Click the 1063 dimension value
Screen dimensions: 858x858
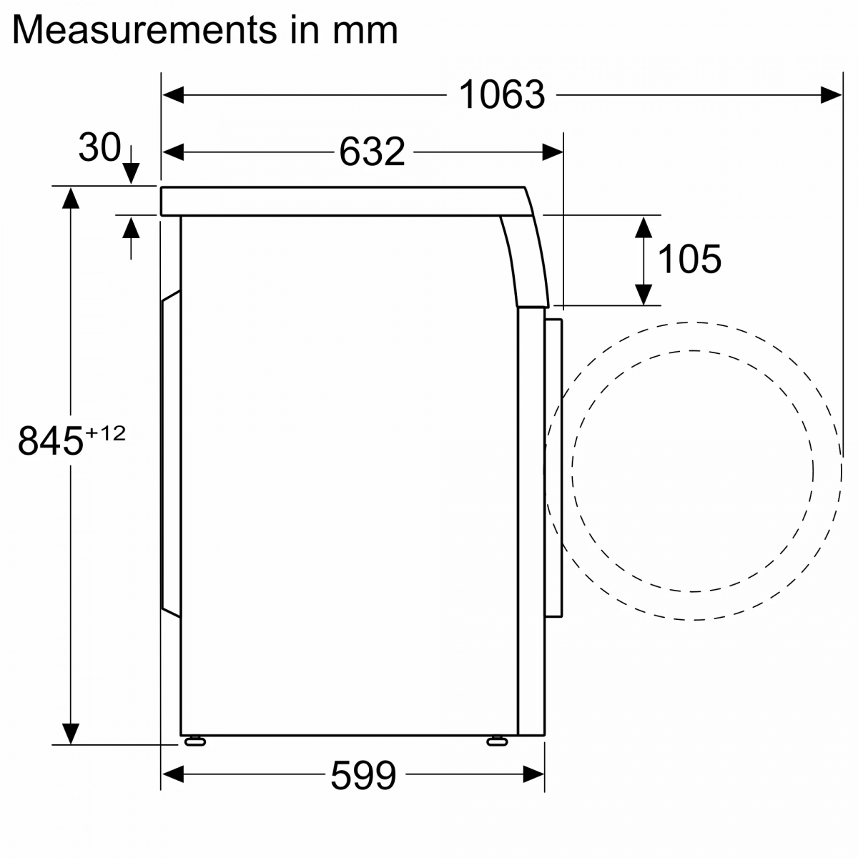pyautogui.click(x=501, y=94)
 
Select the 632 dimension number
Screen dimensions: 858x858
pyautogui.click(x=372, y=152)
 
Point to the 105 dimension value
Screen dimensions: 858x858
pyautogui.click(x=689, y=259)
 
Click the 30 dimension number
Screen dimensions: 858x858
pyautogui.click(x=99, y=147)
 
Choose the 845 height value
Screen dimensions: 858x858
pyautogui.click(x=51, y=441)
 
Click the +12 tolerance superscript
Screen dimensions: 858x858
pyautogui.click(x=106, y=433)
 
